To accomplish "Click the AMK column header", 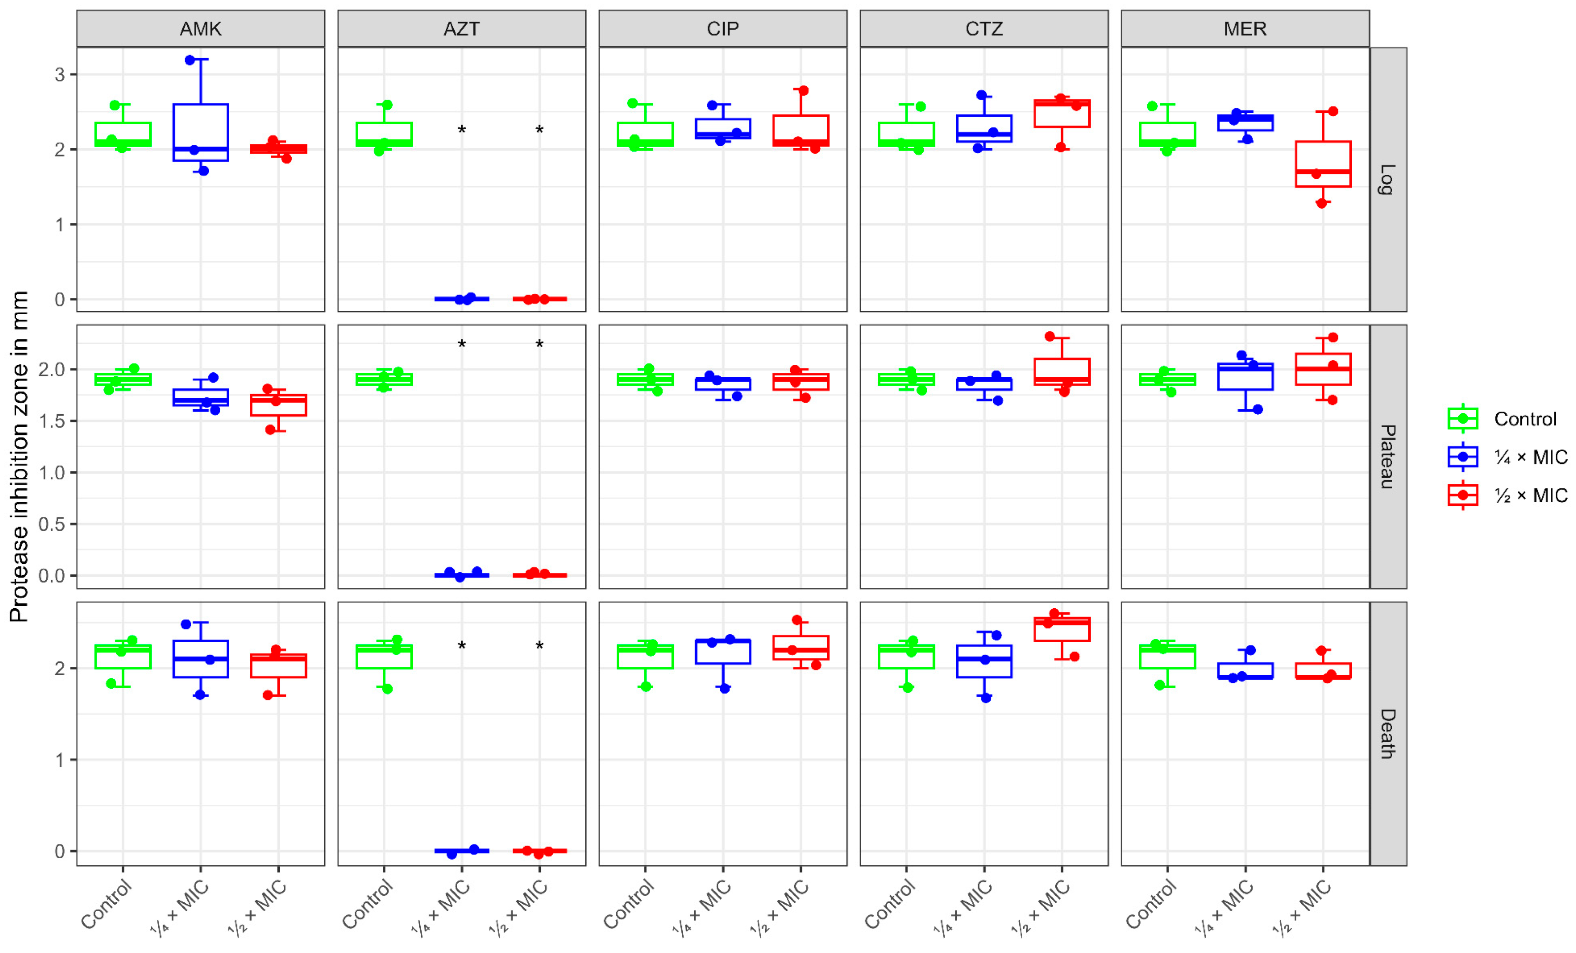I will (x=200, y=29).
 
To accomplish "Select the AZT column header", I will (x=461, y=29).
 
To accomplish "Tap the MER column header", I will (x=1244, y=29).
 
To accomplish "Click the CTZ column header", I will (x=984, y=29).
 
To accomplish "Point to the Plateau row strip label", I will (x=1387, y=457).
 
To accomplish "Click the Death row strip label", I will (x=1387, y=734).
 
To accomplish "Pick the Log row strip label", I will (x=1387, y=180).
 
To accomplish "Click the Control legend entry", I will (x=1525, y=420).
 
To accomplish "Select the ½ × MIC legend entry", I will (x=1530, y=495).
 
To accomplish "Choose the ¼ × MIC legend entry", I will (x=1530, y=458).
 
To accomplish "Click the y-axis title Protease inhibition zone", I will (x=19, y=457).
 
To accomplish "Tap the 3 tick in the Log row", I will (x=60, y=75).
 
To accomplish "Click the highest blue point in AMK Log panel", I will (x=190, y=60).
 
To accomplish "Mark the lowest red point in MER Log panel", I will (x=1321, y=203).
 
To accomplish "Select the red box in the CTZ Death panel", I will (x=1062, y=629).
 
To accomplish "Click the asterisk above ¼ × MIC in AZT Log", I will (x=462, y=131).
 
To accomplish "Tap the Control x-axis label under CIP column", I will (x=629, y=904).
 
